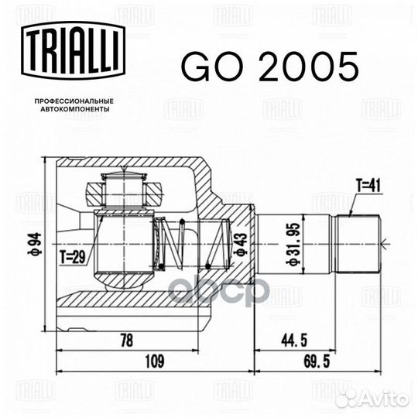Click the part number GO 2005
click(270, 67)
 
